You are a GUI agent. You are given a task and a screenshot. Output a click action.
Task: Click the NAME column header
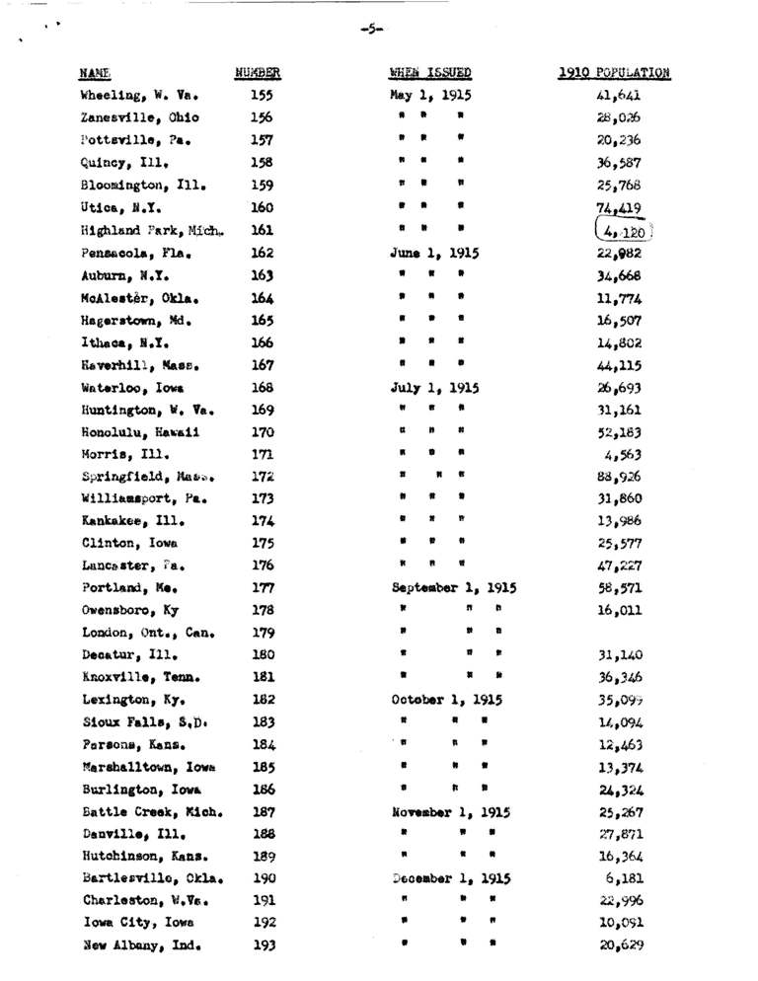click(x=95, y=73)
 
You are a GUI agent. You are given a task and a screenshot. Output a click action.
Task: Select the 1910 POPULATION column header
click(x=614, y=73)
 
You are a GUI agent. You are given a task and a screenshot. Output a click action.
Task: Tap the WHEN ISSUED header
click(x=429, y=73)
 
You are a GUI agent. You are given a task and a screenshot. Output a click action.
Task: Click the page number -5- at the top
click(x=372, y=30)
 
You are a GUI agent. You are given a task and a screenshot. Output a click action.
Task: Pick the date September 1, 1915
click(x=454, y=587)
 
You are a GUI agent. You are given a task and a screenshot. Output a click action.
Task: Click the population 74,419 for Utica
click(x=620, y=208)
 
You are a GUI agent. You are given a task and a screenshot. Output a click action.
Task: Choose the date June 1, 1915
click(x=434, y=254)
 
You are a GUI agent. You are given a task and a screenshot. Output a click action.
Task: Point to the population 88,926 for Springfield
click(x=622, y=477)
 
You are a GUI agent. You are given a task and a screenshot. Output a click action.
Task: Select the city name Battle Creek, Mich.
click(x=151, y=813)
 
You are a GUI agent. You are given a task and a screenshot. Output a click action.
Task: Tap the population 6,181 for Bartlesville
click(x=625, y=878)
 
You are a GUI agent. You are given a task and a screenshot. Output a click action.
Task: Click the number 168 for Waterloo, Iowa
click(x=263, y=387)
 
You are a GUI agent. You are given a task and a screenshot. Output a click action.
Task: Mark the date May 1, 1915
click(x=430, y=97)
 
